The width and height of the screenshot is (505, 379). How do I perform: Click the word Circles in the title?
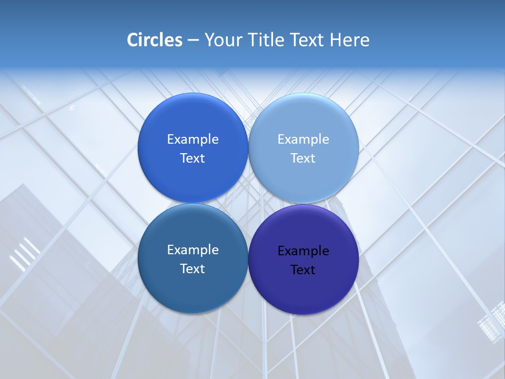[x=155, y=40]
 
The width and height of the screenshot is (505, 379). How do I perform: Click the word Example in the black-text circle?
[x=303, y=251]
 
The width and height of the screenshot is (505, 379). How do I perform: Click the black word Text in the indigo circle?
[x=303, y=270]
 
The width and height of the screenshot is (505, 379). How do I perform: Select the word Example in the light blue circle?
[x=303, y=139]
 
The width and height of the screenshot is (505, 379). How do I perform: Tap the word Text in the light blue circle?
[x=303, y=158]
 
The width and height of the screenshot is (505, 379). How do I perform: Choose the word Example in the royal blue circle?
[x=193, y=139]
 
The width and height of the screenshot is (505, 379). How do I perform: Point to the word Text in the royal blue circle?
[x=193, y=158]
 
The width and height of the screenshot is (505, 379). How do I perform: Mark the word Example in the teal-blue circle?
[x=193, y=250]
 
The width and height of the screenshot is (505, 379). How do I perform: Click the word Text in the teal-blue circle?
[x=193, y=269]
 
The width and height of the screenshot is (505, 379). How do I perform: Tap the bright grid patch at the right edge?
[x=491, y=321]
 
